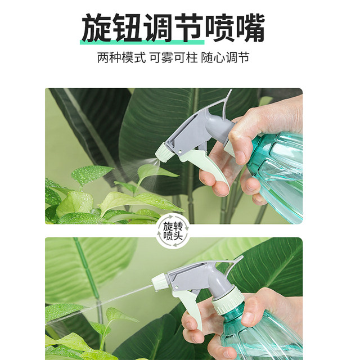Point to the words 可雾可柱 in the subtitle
coord(173,58)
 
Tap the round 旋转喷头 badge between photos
coord(173,231)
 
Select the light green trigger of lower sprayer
coord(191,307)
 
